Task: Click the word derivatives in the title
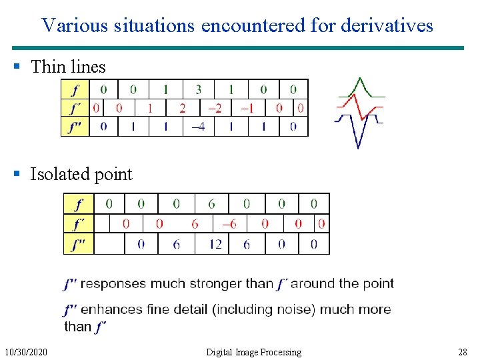pos(386,25)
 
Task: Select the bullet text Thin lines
pos(68,67)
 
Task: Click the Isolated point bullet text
pos(81,175)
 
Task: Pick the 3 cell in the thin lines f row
pos(199,89)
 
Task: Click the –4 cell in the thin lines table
pos(199,127)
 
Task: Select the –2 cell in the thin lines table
pos(215,108)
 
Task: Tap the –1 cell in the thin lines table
pos(247,108)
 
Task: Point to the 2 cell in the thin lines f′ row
pos(183,108)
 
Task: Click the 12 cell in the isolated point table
pos(215,245)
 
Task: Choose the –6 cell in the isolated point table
pos(229,224)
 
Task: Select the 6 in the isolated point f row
pos(211,203)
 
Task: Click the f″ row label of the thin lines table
pos(75,127)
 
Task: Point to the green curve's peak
pos(360,78)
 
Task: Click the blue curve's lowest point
pos(358,147)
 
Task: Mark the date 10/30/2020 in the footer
pos(26,352)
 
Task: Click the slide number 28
pos(463,352)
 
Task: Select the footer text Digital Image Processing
pos(253,352)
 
